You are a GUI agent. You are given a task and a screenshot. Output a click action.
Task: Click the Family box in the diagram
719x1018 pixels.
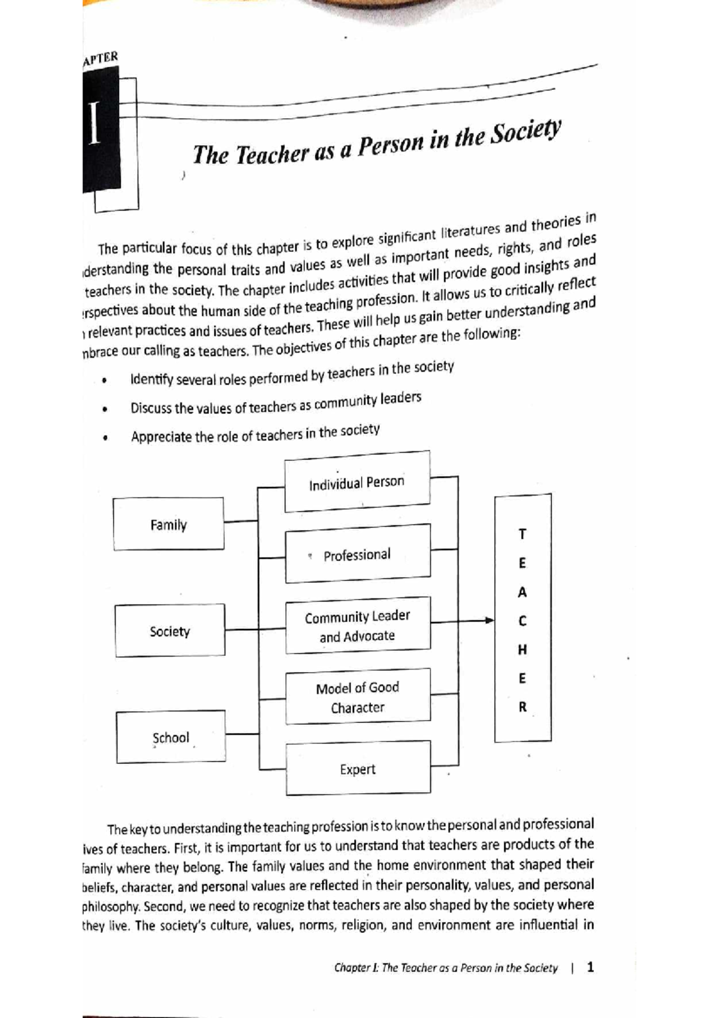point(168,524)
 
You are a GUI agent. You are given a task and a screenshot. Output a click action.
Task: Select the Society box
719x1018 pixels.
point(170,631)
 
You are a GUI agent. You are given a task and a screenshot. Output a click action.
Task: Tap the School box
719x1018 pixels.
point(171,737)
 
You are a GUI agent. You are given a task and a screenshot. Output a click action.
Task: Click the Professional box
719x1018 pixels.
point(357,555)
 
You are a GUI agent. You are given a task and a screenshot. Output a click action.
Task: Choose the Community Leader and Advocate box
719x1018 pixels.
point(357,626)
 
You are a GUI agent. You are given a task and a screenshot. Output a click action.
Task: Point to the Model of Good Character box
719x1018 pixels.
point(358,697)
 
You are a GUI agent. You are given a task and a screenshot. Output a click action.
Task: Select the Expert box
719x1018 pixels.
point(358,769)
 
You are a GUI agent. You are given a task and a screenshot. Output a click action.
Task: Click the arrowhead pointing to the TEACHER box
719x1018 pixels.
point(490,621)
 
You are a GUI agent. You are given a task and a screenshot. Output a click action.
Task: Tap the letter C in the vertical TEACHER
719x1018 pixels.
point(522,621)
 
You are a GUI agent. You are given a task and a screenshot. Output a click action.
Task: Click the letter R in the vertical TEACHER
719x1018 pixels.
point(522,707)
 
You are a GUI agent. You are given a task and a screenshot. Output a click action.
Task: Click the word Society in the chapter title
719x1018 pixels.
point(525,133)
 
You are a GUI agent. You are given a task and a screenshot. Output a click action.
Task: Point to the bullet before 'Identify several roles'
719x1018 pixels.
point(104,381)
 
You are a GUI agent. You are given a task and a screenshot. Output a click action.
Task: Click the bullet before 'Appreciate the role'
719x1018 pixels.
point(105,438)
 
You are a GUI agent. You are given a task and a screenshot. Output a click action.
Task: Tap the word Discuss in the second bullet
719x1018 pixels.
point(151,408)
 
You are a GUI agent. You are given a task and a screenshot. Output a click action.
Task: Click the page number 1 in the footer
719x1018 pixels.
point(591,966)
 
